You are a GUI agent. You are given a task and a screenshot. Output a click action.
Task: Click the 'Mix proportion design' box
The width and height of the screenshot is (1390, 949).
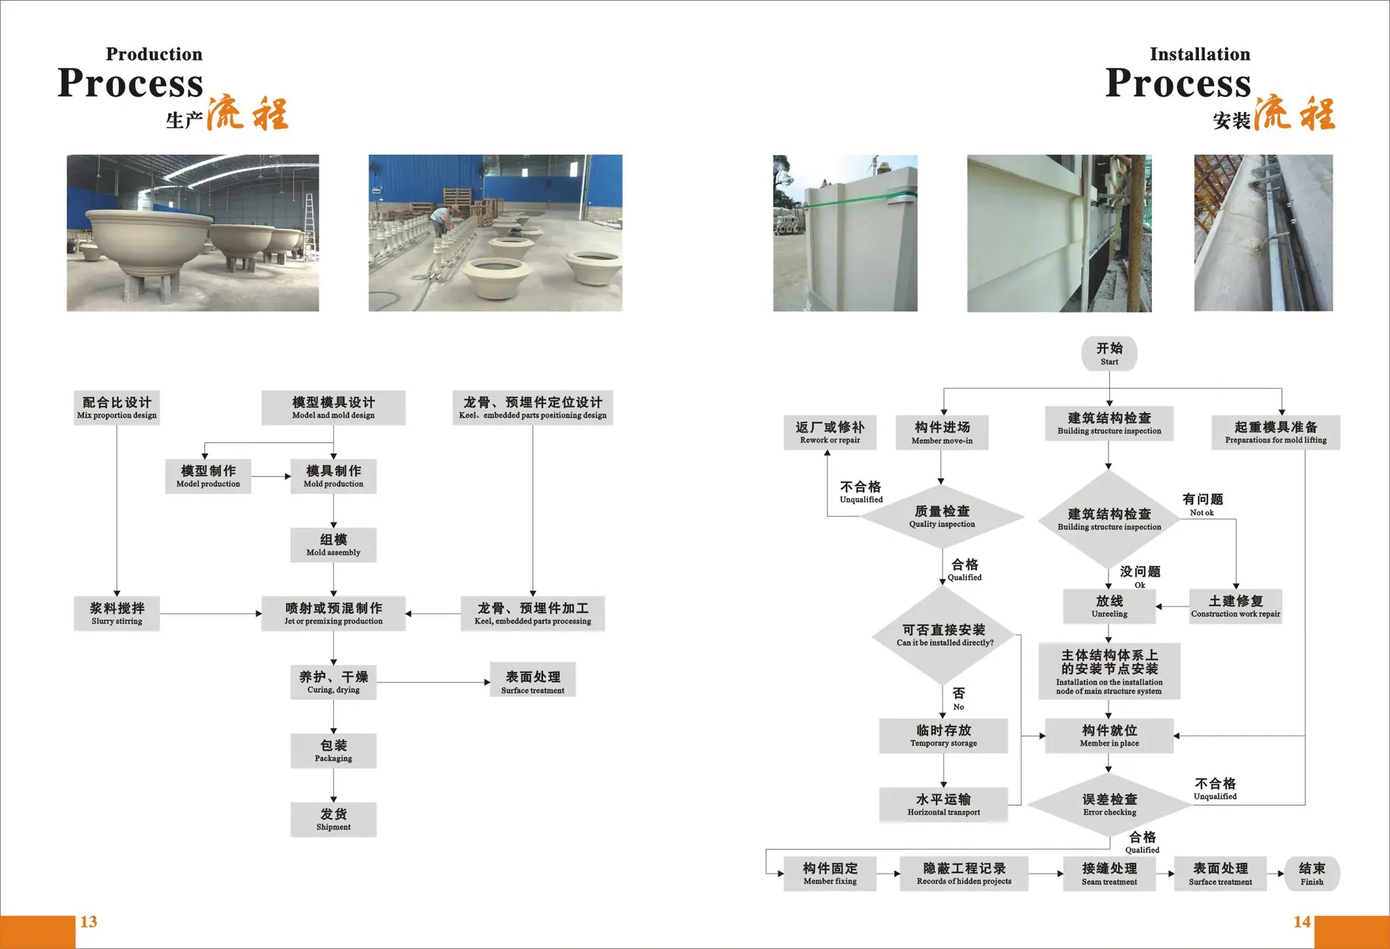(x=117, y=408)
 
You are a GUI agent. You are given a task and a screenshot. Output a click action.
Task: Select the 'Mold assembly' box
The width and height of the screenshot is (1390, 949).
(x=333, y=545)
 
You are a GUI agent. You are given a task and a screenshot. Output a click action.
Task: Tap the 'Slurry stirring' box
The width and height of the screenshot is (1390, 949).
(x=117, y=614)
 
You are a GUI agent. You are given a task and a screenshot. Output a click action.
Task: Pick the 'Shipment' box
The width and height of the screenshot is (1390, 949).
(x=333, y=819)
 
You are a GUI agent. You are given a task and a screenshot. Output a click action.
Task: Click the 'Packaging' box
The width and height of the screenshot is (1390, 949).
(x=333, y=751)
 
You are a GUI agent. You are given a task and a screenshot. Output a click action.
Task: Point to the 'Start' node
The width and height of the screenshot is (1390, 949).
(x=1109, y=354)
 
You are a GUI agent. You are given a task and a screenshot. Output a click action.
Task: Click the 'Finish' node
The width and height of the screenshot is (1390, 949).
(x=1312, y=874)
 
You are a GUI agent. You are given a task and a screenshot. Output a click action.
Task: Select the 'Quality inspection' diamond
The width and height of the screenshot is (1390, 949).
(x=942, y=516)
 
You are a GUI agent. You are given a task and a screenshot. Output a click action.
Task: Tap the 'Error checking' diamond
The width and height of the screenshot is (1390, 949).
(x=1109, y=805)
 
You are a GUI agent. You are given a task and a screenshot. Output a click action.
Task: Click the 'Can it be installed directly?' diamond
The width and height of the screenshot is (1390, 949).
(x=944, y=635)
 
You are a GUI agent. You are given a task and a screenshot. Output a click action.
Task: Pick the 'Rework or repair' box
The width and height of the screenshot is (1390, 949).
(x=830, y=432)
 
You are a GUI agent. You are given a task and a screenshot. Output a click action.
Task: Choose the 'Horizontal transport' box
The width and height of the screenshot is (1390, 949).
(x=943, y=804)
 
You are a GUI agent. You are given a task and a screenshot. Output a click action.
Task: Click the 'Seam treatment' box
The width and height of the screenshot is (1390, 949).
(x=1109, y=874)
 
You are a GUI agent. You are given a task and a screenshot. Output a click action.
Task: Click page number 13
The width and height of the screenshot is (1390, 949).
(x=88, y=921)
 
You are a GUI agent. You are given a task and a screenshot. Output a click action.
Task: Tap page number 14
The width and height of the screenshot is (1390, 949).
(x=1302, y=921)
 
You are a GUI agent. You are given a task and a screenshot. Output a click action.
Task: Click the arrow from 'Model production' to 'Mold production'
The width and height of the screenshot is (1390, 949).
(x=271, y=476)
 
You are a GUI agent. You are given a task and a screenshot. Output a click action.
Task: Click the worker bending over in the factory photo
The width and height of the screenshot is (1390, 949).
(x=440, y=221)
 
